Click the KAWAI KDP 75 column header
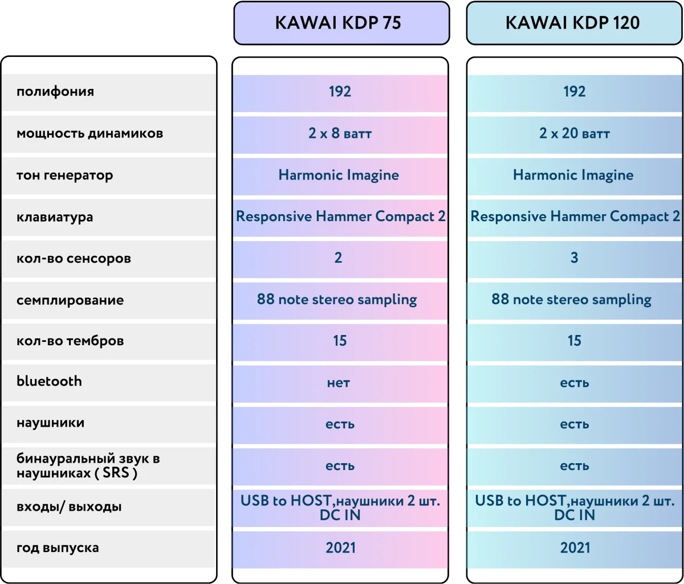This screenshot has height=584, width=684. tap(341, 23)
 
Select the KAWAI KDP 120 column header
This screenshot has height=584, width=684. tap(574, 23)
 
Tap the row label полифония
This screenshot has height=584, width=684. tap(55, 92)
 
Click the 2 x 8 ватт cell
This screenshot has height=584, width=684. tap(340, 133)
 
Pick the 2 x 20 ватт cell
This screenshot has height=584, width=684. tap(574, 133)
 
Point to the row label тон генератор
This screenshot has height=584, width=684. tap(65, 175)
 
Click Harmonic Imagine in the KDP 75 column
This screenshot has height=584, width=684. tap(339, 175)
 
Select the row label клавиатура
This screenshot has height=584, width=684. tap(55, 217)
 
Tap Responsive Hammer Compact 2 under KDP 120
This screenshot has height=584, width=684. tap(575, 217)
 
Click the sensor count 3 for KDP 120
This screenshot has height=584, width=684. tap(574, 258)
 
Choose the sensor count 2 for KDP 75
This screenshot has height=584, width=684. tap(339, 258)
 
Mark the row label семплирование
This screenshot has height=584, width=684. tap(70, 300)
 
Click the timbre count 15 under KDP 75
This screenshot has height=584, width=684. tap(340, 341)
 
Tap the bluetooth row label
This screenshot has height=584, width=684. tap(49, 381)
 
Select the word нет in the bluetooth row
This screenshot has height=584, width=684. tap(339, 383)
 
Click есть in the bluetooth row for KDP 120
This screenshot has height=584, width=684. tap(574, 383)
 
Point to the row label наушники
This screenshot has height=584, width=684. tap(51, 423)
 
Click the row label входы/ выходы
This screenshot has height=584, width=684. tap(69, 507)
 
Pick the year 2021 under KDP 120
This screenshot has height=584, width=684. tap(574, 548)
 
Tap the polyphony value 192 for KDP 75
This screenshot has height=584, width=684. tap(340, 92)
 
